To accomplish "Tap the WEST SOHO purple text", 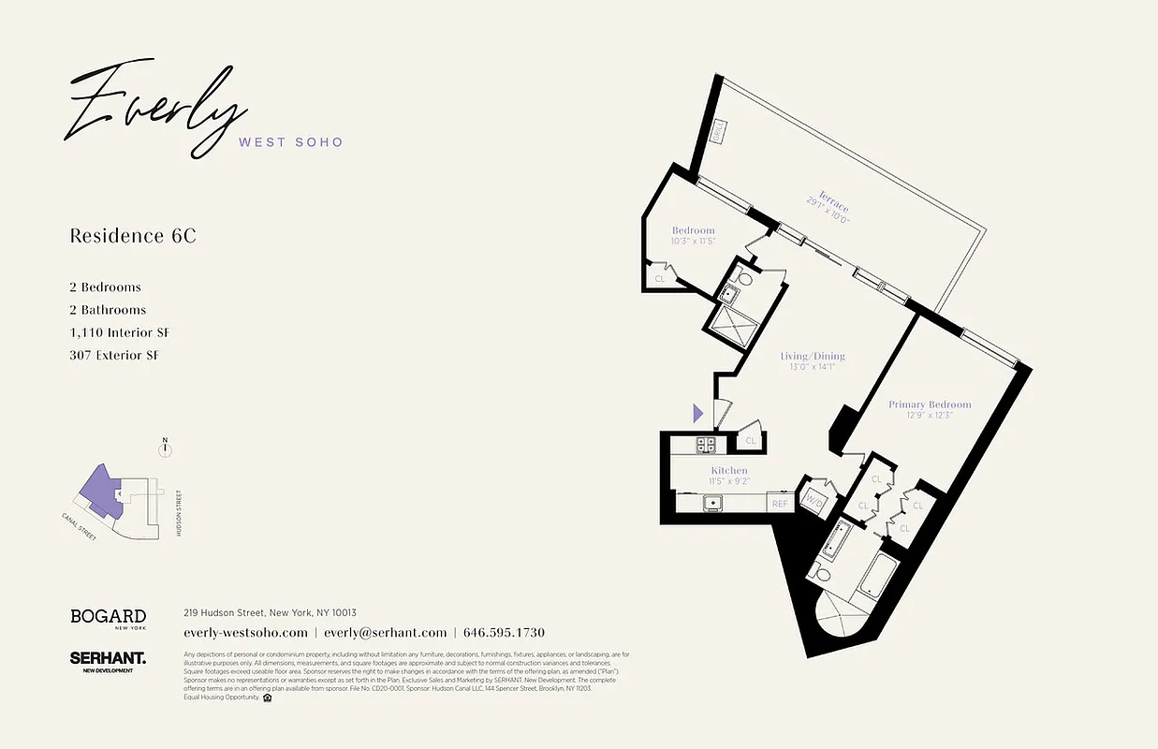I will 291,142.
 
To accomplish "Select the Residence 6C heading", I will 133,236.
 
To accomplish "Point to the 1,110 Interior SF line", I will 119,332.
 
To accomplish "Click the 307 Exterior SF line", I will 114,355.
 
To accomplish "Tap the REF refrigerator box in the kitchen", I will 779,504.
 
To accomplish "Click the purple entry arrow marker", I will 697,412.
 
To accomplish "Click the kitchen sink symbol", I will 713,503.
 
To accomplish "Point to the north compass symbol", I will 166,448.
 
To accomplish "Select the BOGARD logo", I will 108,617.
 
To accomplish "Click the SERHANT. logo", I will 108,660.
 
